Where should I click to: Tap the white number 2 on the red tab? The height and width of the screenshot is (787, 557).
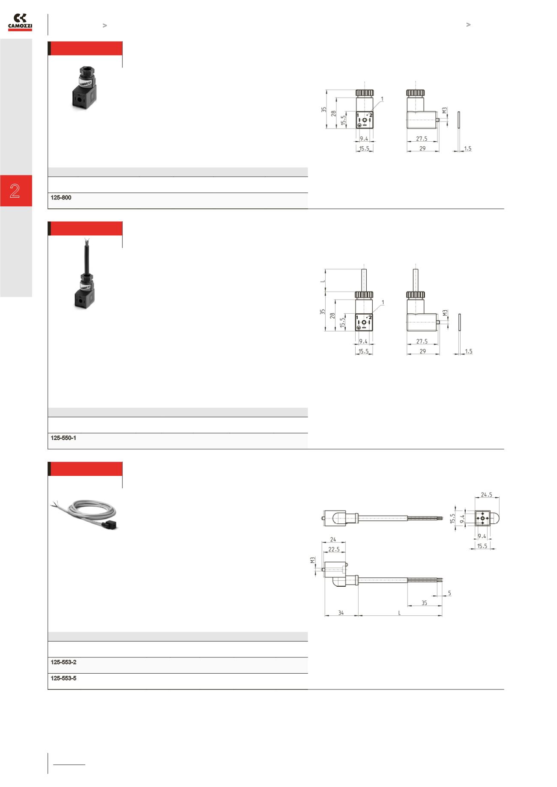point(15,191)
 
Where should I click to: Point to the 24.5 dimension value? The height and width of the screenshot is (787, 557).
point(486,494)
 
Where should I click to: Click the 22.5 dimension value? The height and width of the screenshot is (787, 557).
point(334,549)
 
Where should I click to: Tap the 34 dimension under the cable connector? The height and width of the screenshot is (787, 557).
point(341,613)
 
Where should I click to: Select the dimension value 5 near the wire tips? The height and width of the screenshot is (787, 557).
point(449,593)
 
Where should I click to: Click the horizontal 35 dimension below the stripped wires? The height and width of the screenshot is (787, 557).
point(424,603)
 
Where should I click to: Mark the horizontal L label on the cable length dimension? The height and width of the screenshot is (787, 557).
point(399,613)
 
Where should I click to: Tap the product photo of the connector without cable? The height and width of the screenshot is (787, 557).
point(84,88)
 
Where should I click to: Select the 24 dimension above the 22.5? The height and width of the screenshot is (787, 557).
point(333,540)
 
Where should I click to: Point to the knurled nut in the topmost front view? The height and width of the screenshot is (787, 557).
point(364,93)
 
